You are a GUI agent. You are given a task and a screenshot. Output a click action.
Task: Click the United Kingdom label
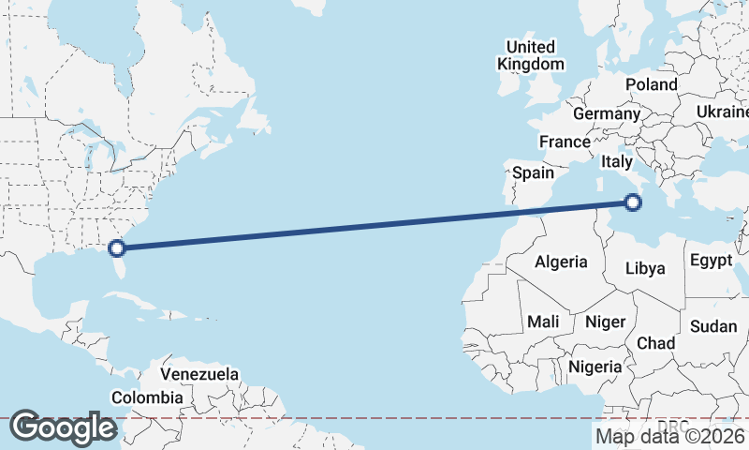click(531, 55)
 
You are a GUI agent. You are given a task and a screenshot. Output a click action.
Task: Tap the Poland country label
click(652, 84)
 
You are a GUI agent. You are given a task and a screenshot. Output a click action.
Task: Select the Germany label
click(606, 113)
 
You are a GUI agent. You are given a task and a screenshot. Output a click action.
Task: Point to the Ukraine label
click(722, 112)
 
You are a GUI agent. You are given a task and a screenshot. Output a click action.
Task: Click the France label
click(565, 142)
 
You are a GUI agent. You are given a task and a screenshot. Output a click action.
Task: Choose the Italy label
click(617, 161)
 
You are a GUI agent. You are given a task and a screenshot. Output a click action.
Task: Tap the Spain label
click(533, 172)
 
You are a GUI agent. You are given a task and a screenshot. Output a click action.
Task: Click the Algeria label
click(561, 262)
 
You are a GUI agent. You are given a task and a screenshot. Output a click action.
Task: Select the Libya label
click(645, 268)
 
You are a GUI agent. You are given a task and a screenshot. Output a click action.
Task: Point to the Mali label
click(543, 322)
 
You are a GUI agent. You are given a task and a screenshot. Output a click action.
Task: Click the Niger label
click(605, 322)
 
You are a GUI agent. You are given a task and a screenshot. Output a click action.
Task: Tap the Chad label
click(655, 343)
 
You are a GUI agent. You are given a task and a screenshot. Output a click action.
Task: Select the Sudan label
click(713, 326)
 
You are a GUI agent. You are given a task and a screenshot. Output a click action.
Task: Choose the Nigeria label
click(595, 367)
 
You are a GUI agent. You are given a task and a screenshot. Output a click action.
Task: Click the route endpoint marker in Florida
click(117, 248)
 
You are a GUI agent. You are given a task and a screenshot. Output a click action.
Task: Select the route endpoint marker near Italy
click(633, 202)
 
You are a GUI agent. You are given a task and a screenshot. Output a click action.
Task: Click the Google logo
click(63, 427)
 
